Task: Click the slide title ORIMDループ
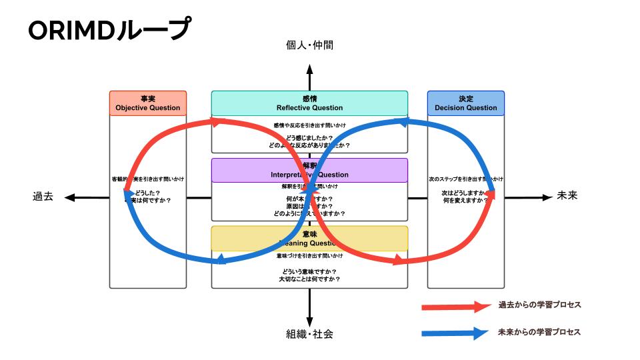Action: [x=109, y=29]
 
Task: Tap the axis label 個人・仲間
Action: [x=309, y=45]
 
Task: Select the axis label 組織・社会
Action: [x=309, y=333]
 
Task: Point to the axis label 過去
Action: [x=43, y=197]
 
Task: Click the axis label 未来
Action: [x=567, y=197]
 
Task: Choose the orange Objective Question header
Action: [x=147, y=103]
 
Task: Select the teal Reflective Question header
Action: [x=309, y=103]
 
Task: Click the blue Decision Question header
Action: [x=465, y=103]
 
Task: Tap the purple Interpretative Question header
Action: [x=309, y=170]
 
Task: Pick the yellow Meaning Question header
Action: [x=309, y=238]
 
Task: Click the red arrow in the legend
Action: [x=455, y=307]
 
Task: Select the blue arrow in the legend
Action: [x=455, y=333]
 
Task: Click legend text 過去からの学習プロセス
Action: [x=540, y=305]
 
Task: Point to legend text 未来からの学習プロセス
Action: [x=540, y=332]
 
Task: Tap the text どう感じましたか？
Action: [x=309, y=138]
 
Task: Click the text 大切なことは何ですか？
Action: [x=309, y=279]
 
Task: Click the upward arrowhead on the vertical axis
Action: [x=309, y=68]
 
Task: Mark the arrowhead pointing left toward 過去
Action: [x=69, y=197]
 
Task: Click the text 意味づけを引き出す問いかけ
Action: [x=309, y=256]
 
